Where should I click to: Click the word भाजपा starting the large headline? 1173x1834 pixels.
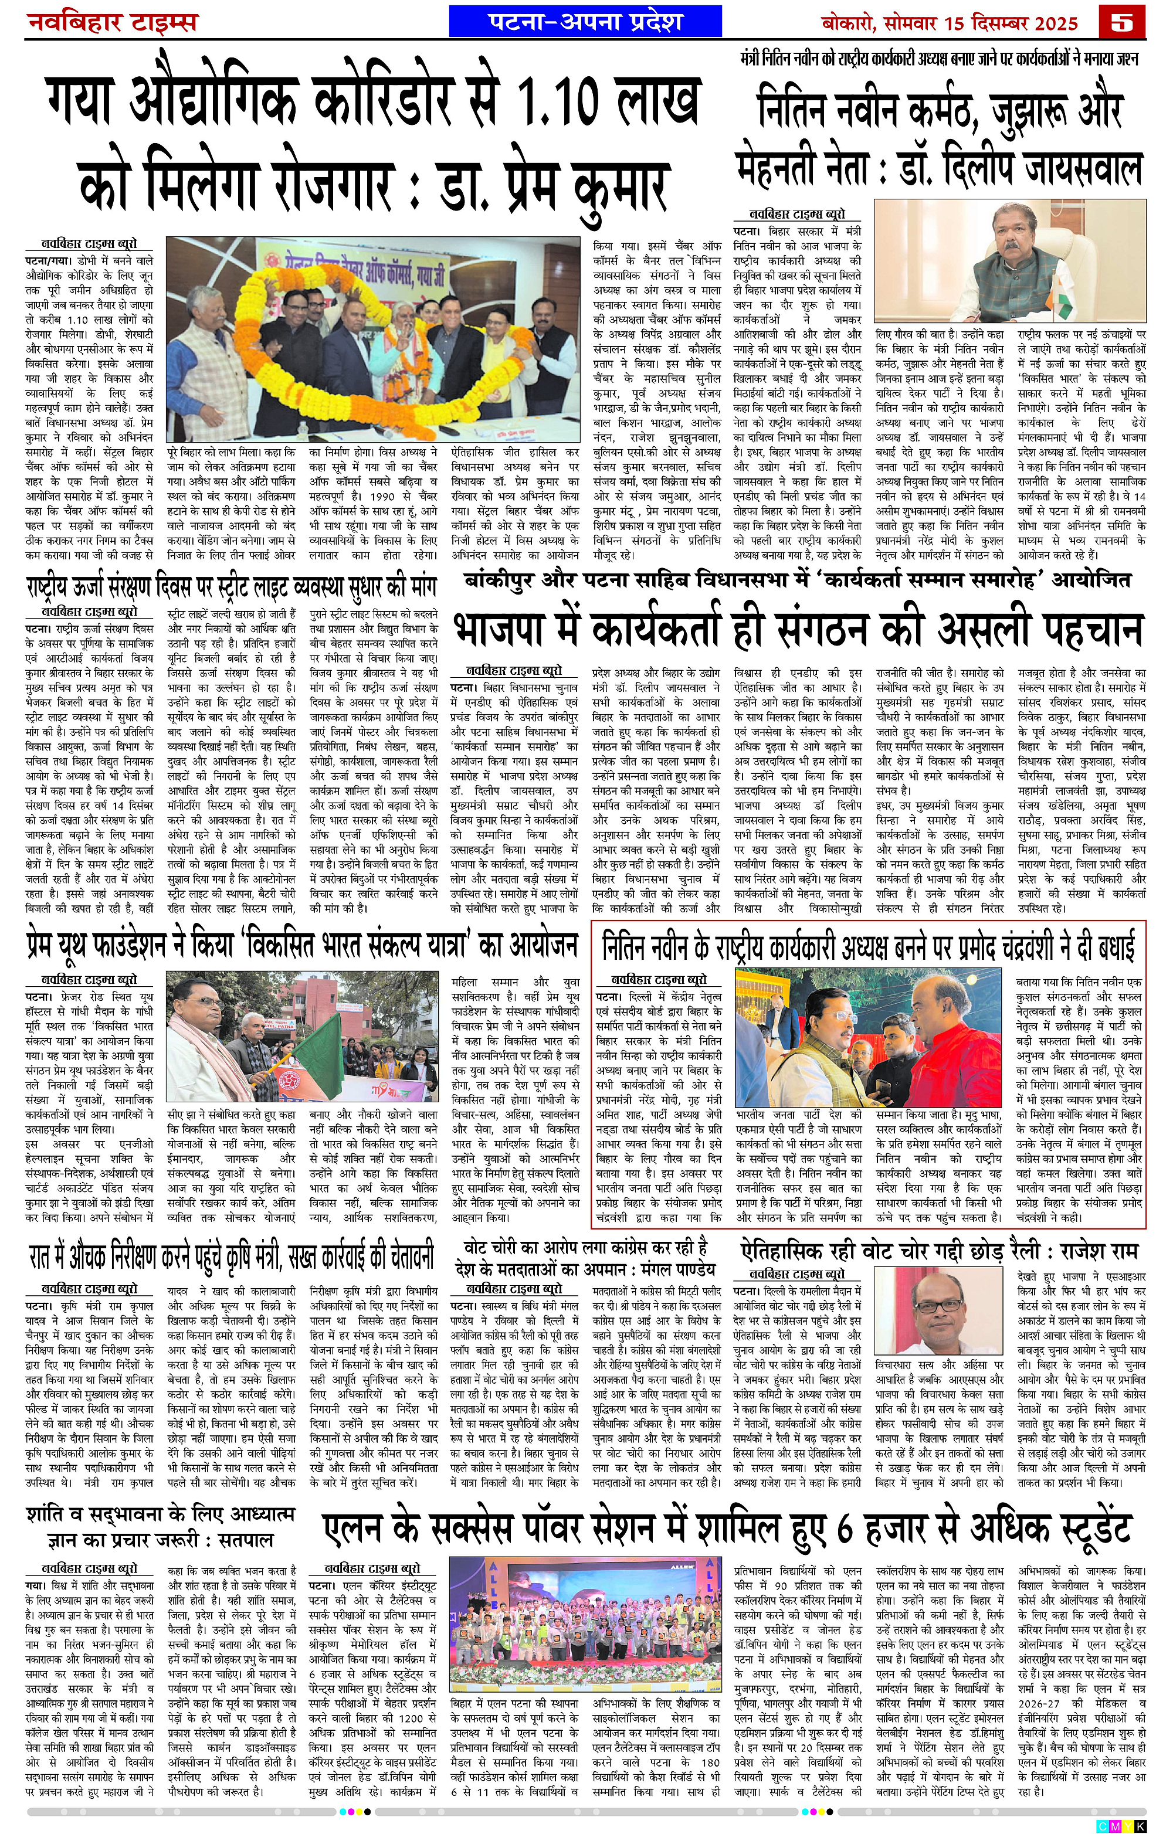coord(518,630)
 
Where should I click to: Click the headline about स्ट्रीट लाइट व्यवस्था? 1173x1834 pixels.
coord(232,589)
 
